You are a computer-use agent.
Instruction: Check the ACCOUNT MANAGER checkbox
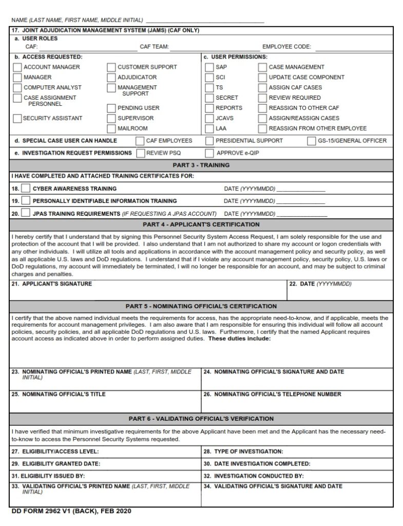tap(17, 67)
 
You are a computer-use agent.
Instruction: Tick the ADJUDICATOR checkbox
tap(111, 78)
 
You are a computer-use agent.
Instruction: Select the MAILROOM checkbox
tap(111, 128)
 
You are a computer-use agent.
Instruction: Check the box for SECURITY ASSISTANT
tap(17, 119)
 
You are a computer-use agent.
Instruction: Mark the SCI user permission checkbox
tap(209, 78)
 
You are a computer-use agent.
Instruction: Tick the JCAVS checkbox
tap(209, 118)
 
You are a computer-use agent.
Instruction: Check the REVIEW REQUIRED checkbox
tap(263, 98)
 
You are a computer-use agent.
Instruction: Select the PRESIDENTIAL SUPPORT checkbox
tap(209, 141)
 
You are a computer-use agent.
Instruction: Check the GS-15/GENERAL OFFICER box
tap(312, 141)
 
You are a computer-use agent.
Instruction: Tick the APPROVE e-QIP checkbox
tap(209, 153)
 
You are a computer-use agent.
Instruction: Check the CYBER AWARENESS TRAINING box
tap(26, 189)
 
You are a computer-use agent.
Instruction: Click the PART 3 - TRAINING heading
tap(201, 165)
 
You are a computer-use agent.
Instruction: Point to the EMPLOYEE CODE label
tap(286, 47)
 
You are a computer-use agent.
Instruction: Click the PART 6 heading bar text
tap(201, 419)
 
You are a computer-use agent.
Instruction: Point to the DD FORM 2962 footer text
tap(67, 512)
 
